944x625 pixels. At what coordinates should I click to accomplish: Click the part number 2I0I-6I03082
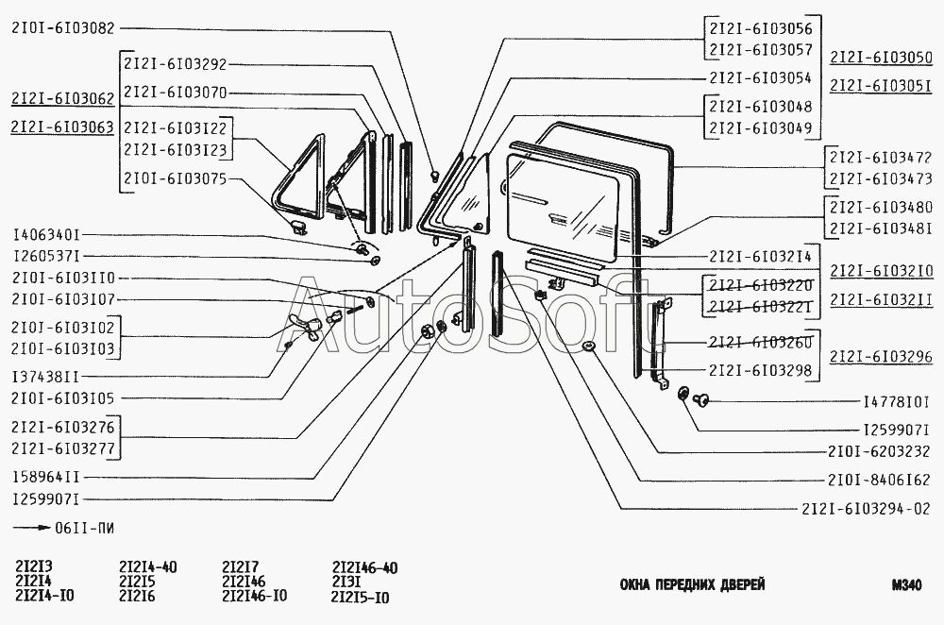pyautogui.click(x=62, y=28)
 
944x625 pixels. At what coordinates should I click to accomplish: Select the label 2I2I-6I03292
pyautogui.click(x=176, y=64)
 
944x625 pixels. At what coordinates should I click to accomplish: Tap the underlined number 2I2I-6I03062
pyautogui.click(x=62, y=99)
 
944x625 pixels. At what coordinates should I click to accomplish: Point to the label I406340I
pyautogui.click(x=46, y=235)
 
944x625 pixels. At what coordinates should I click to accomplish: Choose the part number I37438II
pyautogui.click(x=46, y=377)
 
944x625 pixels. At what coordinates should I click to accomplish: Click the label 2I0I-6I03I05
pyautogui.click(x=62, y=398)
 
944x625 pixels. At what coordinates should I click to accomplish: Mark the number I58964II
pyautogui.click(x=46, y=478)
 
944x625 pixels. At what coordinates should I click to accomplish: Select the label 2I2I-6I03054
pyautogui.click(x=760, y=78)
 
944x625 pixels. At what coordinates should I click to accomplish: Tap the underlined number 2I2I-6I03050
pyautogui.click(x=881, y=58)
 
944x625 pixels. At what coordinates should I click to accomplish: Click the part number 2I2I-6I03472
pyautogui.click(x=881, y=158)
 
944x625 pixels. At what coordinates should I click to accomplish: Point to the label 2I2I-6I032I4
pyautogui.click(x=760, y=257)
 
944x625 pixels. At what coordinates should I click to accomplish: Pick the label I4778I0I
pyautogui.click(x=897, y=401)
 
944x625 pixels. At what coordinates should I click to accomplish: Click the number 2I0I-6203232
pyautogui.click(x=879, y=451)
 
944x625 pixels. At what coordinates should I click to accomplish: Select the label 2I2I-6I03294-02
pyautogui.click(x=867, y=509)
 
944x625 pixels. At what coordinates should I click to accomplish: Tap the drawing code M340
pyautogui.click(x=907, y=585)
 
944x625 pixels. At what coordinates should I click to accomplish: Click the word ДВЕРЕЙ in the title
pyautogui.click(x=742, y=584)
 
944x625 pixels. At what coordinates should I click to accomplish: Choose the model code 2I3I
pyautogui.click(x=346, y=583)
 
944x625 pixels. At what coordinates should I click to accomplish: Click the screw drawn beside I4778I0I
pyautogui.click(x=702, y=398)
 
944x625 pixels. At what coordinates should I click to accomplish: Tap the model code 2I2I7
pyautogui.click(x=240, y=567)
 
